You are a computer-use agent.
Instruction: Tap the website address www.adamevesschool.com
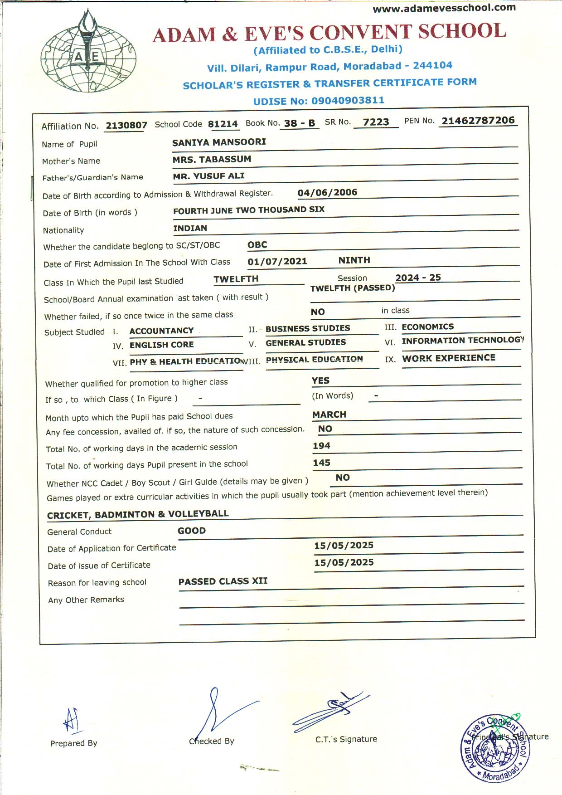click(x=444, y=8)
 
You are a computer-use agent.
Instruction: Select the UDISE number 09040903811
click(x=348, y=100)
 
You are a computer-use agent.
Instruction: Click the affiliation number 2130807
click(x=126, y=125)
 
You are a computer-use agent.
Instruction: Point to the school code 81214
click(x=223, y=124)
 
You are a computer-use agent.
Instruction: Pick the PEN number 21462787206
click(x=478, y=120)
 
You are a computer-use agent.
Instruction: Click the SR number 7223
click(x=376, y=122)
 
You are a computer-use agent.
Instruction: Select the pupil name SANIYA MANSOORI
click(x=219, y=142)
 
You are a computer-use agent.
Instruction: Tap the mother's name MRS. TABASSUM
click(x=212, y=159)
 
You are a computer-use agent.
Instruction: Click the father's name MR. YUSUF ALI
click(x=208, y=176)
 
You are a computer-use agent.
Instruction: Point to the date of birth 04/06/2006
click(x=327, y=192)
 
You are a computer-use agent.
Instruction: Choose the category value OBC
click(x=257, y=245)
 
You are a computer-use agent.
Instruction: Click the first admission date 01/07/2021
click(x=277, y=261)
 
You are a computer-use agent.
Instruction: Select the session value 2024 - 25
click(x=418, y=278)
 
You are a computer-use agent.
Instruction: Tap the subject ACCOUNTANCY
click(x=161, y=331)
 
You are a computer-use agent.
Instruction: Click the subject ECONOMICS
click(x=427, y=327)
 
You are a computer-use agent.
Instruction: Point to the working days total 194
click(x=321, y=446)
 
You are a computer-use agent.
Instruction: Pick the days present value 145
click(x=321, y=463)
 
